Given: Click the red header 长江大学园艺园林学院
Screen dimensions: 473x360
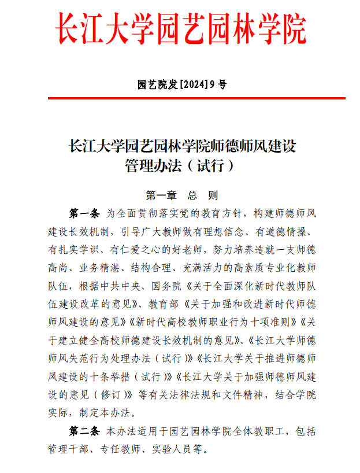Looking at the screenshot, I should [x=181, y=28].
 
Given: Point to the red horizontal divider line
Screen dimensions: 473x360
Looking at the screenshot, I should [x=180, y=98].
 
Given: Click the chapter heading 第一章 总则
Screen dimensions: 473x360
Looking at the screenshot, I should [x=181, y=194].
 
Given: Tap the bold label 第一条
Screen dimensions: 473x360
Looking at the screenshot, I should [x=85, y=213].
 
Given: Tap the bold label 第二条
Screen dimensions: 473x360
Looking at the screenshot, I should [x=85, y=432].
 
